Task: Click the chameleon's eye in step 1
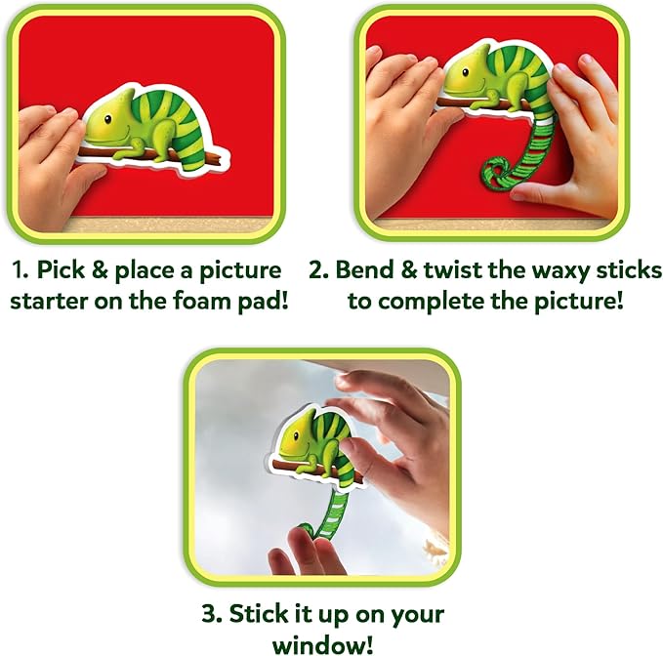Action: pyautogui.click(x=107, y=119)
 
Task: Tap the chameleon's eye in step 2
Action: pyautogui.click(x=465, y=72)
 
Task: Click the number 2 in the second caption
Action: pyautogui.click(x=318, y=269)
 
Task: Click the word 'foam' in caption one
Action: pyautogui.click(x=200, y=301)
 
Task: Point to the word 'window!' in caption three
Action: pyautogui.click(x=323, y=645)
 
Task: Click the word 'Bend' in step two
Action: pyautogui.click(x=365, y=269)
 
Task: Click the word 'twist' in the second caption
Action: pyautogui.click(x=451, y=269)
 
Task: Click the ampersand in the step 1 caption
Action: pyautogui.click(x=100, y=269)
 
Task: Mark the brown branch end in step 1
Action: pyautogui.click(x=217, y=160)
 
